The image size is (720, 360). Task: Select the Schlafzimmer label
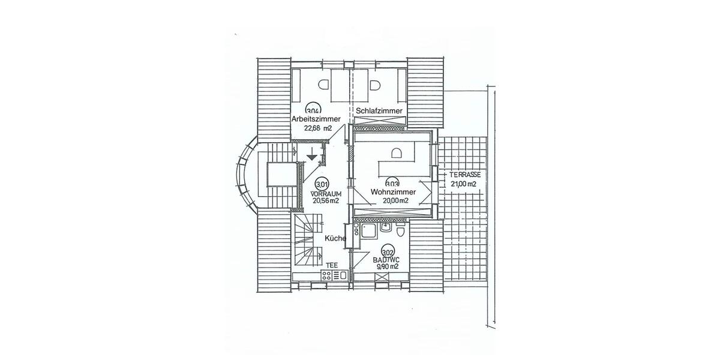[x=379, y=111]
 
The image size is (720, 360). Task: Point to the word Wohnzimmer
[x=393, y=192]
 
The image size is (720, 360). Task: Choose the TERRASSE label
[x=464, y=175]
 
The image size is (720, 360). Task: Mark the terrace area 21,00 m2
[x=463, y=184]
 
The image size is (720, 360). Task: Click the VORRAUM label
[x=326, y=194]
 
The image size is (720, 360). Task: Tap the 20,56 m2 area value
[x=326, y=202]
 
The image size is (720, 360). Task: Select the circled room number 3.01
[x=322, y=184]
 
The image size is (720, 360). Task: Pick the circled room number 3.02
[x=388, y=253]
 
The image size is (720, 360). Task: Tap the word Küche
[x=335, y=238]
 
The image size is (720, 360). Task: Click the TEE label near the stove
[x=331, y=264]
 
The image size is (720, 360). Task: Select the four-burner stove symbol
[x=327, y=275]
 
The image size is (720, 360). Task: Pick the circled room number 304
[x=313, y=110]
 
